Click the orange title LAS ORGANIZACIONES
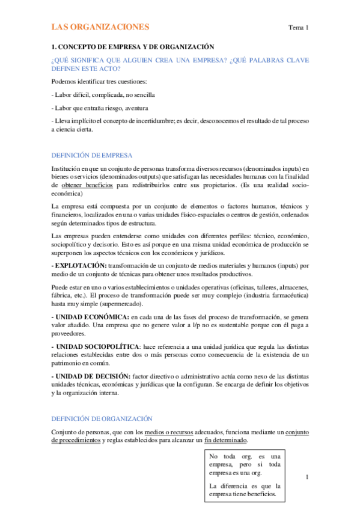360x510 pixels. [x=100, y=28]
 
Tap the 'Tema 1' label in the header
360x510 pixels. [x=299, y=28]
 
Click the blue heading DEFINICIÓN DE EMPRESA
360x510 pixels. [x=92, y=155]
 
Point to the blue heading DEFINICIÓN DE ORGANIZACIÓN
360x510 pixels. [x=102, y=418]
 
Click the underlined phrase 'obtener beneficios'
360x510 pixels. [x=88, y=186]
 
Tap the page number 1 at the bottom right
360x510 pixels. [x=307, y=478]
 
